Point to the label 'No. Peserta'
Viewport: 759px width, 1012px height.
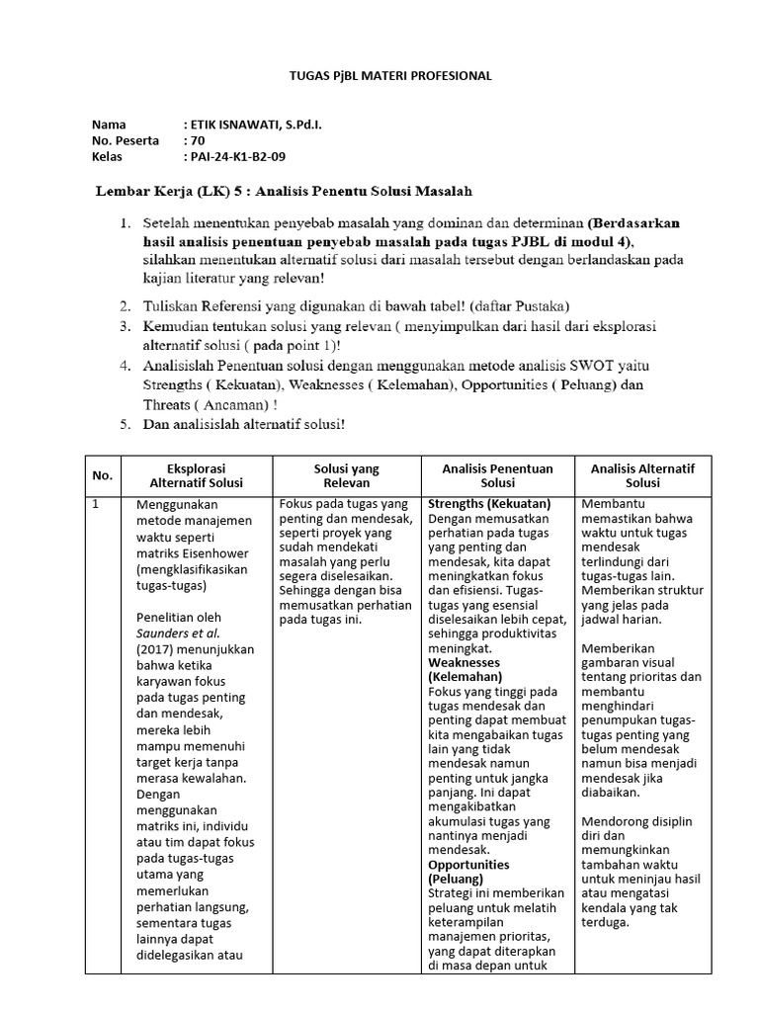[x=126, y=141]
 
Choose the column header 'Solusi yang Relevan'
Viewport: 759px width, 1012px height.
[x=347, y=475]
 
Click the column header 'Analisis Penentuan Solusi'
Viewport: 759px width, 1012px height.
[x=498, y=475]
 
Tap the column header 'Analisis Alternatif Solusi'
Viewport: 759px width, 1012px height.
[x=642, y=475]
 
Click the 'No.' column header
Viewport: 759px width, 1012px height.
[x=103, y=475]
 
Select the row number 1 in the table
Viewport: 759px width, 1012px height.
[x=96, y=505]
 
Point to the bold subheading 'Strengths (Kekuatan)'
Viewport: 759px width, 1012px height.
[x=489, y=504]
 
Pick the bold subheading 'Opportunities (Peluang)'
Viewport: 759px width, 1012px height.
[x=468, y=871]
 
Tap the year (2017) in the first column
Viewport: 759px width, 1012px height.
[x=150, y=649]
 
